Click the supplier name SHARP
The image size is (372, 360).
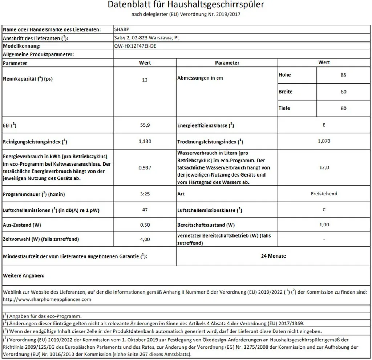click(x=121, y=29)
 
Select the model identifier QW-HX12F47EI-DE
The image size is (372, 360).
click(x=136, y=46)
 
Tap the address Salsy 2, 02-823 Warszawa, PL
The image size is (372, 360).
click(x=146, y=38)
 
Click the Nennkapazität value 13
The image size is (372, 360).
click(x=145, y=80)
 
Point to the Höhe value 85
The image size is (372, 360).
click(x=344, y=75)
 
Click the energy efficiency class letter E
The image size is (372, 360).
click(x=324, y=125)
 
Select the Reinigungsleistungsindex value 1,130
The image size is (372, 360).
click(x=145, y=141)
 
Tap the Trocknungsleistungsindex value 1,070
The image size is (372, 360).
click(x=324, y=141)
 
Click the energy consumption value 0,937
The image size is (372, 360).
click(x=145, y=167)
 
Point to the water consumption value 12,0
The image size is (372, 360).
click(x=324, y=167)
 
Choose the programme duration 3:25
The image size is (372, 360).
click(x=145, y=194)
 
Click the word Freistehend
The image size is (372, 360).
click(x=324, y=194)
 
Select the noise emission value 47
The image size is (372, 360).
click(x=145, y=210)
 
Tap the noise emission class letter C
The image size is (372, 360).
click(x=324, y=210)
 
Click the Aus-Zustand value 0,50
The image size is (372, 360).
click(x=145, y=225)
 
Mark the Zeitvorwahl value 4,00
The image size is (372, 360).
click(x=145, y=239)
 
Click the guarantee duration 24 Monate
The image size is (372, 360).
click(x=273, y=256)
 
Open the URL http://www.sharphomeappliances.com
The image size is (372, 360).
click(x=47, y=299)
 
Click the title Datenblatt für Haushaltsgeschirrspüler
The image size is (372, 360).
click(x=186, y=5)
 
